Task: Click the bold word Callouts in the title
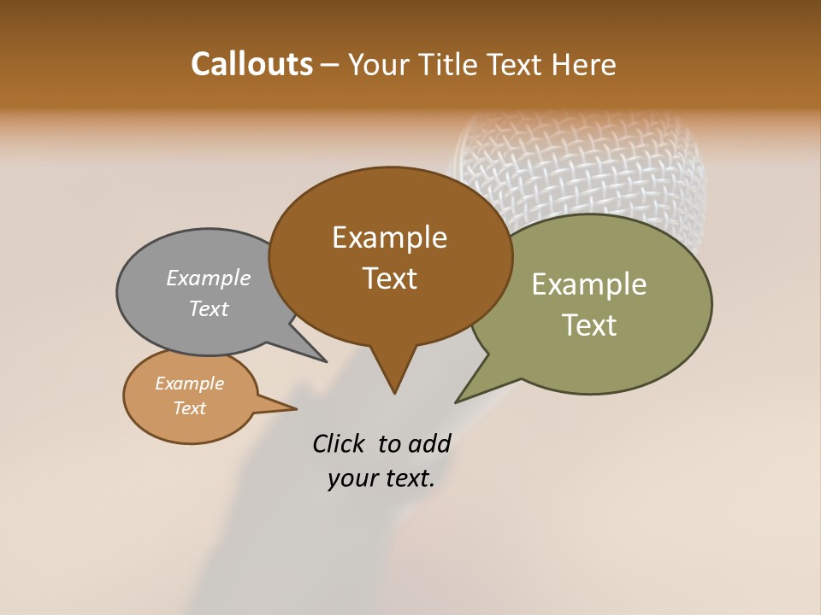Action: point(251,64)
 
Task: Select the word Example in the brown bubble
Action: point(389,237)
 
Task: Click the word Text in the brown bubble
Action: point(389,278)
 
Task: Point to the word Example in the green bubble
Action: point(588,284)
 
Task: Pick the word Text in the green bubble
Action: point(589,325)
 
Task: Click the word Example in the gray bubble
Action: point(208,278)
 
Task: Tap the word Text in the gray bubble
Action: point(208,308)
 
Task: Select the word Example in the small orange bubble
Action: point(189,384)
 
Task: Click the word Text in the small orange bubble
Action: point(189,408)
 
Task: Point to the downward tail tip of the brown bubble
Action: point(394,392)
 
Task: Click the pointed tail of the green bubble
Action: point(458,401)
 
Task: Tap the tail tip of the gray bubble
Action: point(324,360)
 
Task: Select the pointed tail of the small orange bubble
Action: point(294,408)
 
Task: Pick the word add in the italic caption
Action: point(428,443)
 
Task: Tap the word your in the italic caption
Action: point(351,478)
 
